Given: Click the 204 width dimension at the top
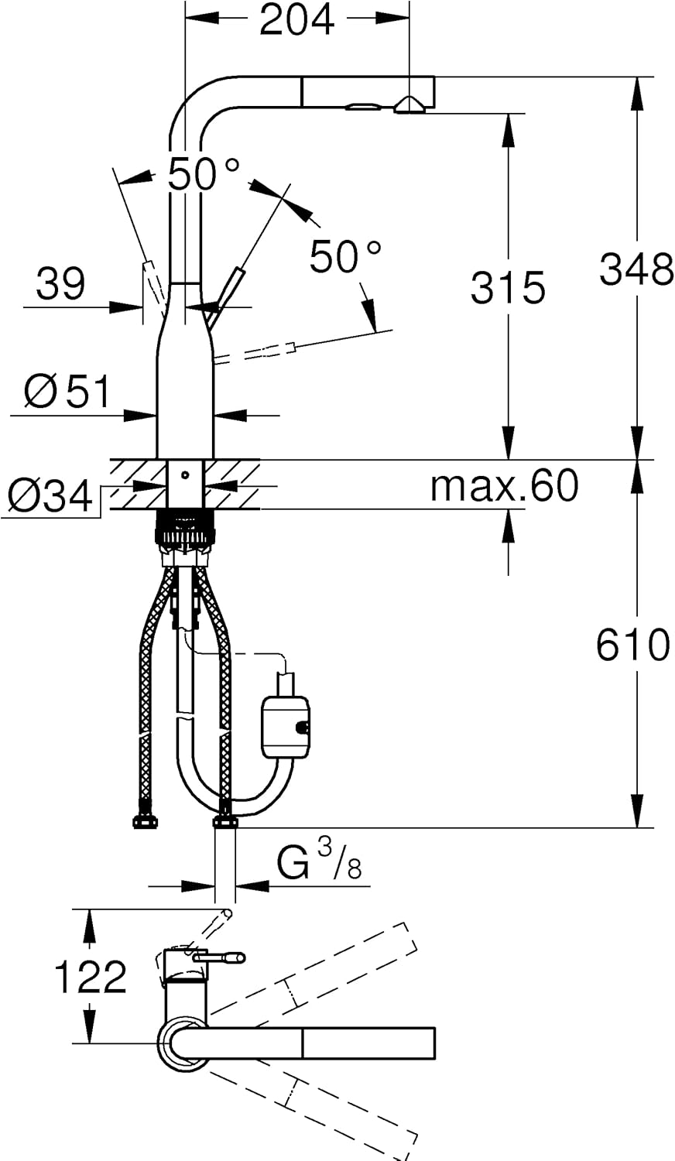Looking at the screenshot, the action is click(x=297, y=20).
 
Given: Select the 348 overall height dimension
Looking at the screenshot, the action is click(x=636, y=269).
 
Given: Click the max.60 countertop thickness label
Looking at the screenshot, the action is click(x=504, y=485).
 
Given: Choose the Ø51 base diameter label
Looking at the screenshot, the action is click(x=67, y=392).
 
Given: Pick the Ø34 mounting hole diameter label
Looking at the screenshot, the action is click(x=50, y=495).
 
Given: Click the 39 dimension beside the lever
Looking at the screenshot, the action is click(x=60, y=283).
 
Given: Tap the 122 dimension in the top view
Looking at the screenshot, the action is click(x=91, y=977).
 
